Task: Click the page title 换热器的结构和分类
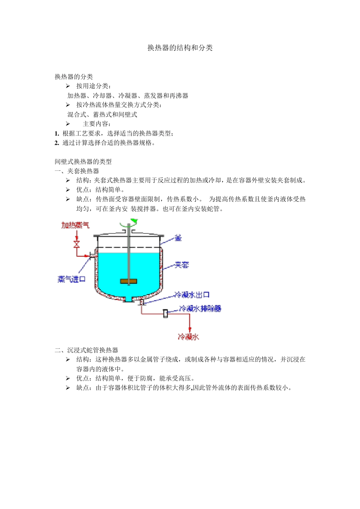coord(180,48)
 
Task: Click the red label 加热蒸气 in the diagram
coord(75,225)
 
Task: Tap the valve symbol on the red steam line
coord(77,244)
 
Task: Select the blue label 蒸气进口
coord(71,279)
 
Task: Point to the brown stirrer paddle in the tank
coord(128,281)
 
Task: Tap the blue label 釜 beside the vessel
coord(178,238)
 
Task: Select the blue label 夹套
coord(182,265)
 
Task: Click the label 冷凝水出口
coord(191,295)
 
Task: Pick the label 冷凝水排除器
coord(200,309)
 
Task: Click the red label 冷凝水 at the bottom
coord(188,337)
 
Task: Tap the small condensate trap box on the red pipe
coord(166,314)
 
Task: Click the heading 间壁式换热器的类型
coord(83,162)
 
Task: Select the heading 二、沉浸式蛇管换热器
coord(86,350)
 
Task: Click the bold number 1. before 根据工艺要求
coord(57,133)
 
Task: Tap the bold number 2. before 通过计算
coord(57,143)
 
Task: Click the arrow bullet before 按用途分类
coord(68,86)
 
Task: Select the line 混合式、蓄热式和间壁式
coord(102,115)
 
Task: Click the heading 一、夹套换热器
coord(77,171)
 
